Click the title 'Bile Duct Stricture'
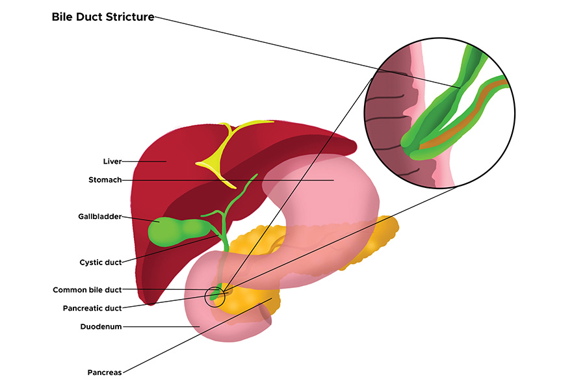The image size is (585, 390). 103,17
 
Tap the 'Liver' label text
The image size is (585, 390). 112,161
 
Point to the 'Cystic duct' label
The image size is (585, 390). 97,263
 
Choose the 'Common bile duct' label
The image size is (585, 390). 87,289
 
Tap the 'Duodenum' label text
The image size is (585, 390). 102,326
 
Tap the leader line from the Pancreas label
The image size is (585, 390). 195,335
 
